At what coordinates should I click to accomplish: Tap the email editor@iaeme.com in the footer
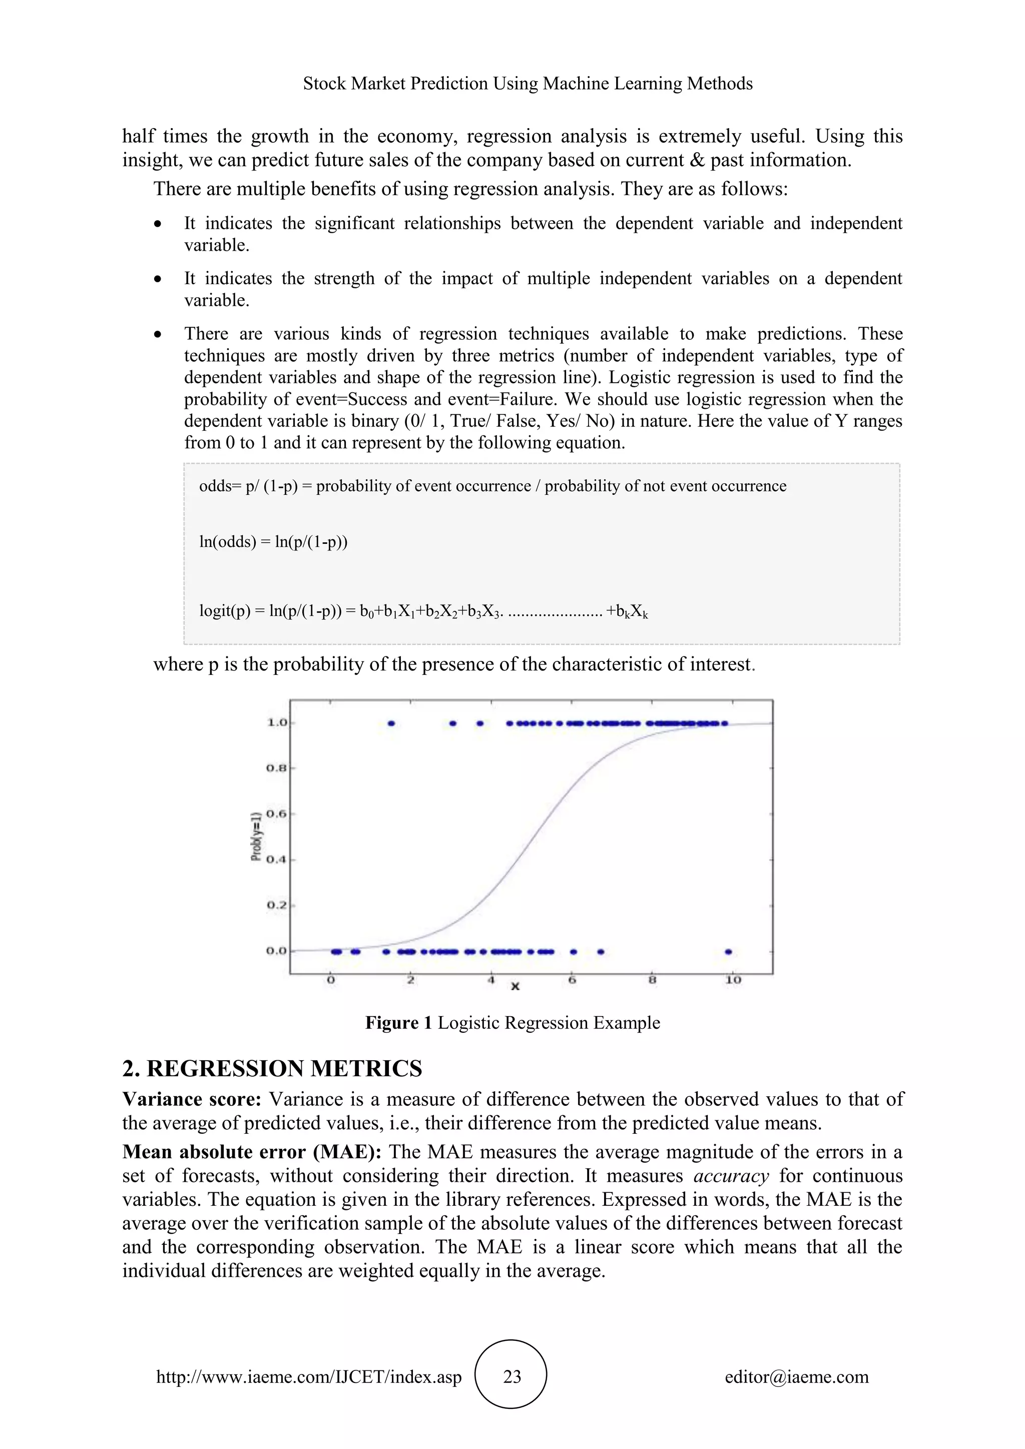pyautogui.click(x=796, y=1376)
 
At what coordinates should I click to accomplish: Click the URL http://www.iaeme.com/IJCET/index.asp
pyautogui.click(x=309, y=1376)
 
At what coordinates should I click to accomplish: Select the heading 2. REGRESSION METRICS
pyautogui.click(x=272, y=1068)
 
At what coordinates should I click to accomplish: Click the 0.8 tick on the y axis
pyautogui.click(x=276, y=768)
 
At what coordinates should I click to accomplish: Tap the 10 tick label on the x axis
pyautogui.click(x=733, y=980)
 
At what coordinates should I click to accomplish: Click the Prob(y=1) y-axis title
pyautogui.click(x=256, y=836)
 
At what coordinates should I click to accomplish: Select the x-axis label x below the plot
pyautogui.click(x=515, y=986)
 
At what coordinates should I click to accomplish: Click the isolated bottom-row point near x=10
pyautogui.click(x=728, y=952)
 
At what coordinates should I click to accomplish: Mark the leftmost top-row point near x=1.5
pyautogui.click(x=391, y=723)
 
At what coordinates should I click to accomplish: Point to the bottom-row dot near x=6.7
pyautogui.click(x=600, y=952)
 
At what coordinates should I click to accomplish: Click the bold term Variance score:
pyautogui.click(x=192, y=1099)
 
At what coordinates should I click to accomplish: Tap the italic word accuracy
pyautogui.click(x=731, y=1176)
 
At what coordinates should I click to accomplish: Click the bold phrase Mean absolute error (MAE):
pyautogui.click(x=252, y=1152)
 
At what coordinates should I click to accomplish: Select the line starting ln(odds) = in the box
pyautogui.click(x=273, y=541)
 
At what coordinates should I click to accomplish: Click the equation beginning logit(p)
pyautogui.click(x=423, y=611)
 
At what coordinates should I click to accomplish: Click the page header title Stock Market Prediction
pyautogui.click(x=528, y=83)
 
